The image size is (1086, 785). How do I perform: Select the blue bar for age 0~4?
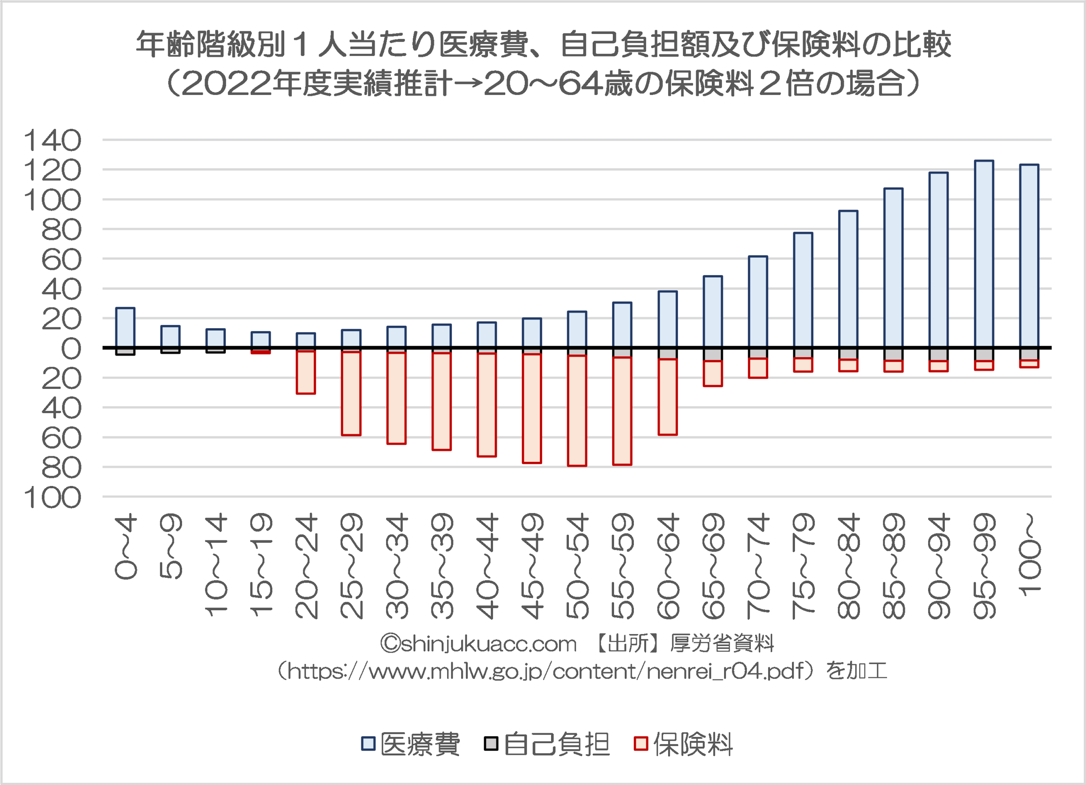(x=126, y=327)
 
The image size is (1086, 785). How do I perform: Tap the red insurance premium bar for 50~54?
(x=577, y=410)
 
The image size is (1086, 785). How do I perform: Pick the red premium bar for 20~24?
(x=306, y=372)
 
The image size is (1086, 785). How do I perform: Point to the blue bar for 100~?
(x=1029, y=256)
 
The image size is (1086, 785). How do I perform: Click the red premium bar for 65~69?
(x=713, y=373)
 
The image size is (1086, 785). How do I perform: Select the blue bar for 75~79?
(x=803, y=290)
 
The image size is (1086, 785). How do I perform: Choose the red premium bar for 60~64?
(x=667, y=397)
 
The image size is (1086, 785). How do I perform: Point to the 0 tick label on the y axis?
(x=71, y=349)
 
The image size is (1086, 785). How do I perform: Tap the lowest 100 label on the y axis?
(x=53, y=498)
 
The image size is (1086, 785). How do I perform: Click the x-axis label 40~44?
(x=487, y=566)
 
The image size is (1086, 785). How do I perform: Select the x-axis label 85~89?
(x=893, y=566)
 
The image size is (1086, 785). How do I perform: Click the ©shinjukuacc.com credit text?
(x=479, y=644)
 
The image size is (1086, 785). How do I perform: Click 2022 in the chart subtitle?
(x=227, y=84)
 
